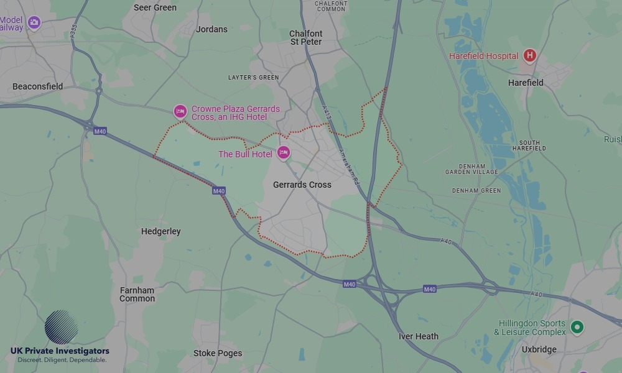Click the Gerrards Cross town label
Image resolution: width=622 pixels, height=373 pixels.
tap(302, 185)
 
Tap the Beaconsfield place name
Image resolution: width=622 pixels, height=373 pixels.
tap(37, 86)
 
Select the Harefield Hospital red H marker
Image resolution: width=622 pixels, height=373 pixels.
tap(529, 56)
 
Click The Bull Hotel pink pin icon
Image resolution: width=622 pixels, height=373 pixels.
tap(284, 152)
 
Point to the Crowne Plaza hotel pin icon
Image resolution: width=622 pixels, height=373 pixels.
tap(180, 111)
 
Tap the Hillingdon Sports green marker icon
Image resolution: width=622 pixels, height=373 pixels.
tap(577, 326)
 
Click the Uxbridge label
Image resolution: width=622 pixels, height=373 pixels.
tap(539, 349)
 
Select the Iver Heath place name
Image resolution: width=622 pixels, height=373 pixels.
tap(419, 336)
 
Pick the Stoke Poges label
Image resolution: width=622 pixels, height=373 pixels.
tap(218, 353)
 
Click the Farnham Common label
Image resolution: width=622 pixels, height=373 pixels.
tap(137, 294)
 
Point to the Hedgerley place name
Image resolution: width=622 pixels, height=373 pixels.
tap(161, 231)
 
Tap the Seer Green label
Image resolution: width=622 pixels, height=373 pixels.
tap(155, 7)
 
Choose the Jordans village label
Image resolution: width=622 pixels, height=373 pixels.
tap(211, 29)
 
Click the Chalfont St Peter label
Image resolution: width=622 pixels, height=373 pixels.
tap(306, 37)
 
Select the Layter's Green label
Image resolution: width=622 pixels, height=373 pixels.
tap(253, 78)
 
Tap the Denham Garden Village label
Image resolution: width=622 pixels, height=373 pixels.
tap(471, 168)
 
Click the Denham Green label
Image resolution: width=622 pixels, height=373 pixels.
tap(476, 190)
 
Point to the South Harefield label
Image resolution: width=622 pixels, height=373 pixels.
tap(529, 145)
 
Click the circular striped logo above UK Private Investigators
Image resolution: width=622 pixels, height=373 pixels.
tap(61, 327)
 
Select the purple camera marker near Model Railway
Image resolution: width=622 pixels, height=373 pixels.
tap(34, 23)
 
